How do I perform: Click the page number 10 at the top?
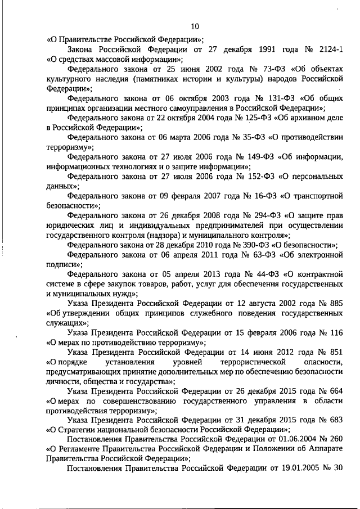click(195, 26)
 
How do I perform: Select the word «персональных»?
click(314, 177)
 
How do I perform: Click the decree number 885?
click(336, 304)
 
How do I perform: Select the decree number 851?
click(336, 353)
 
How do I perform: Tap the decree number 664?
click(336, 391)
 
